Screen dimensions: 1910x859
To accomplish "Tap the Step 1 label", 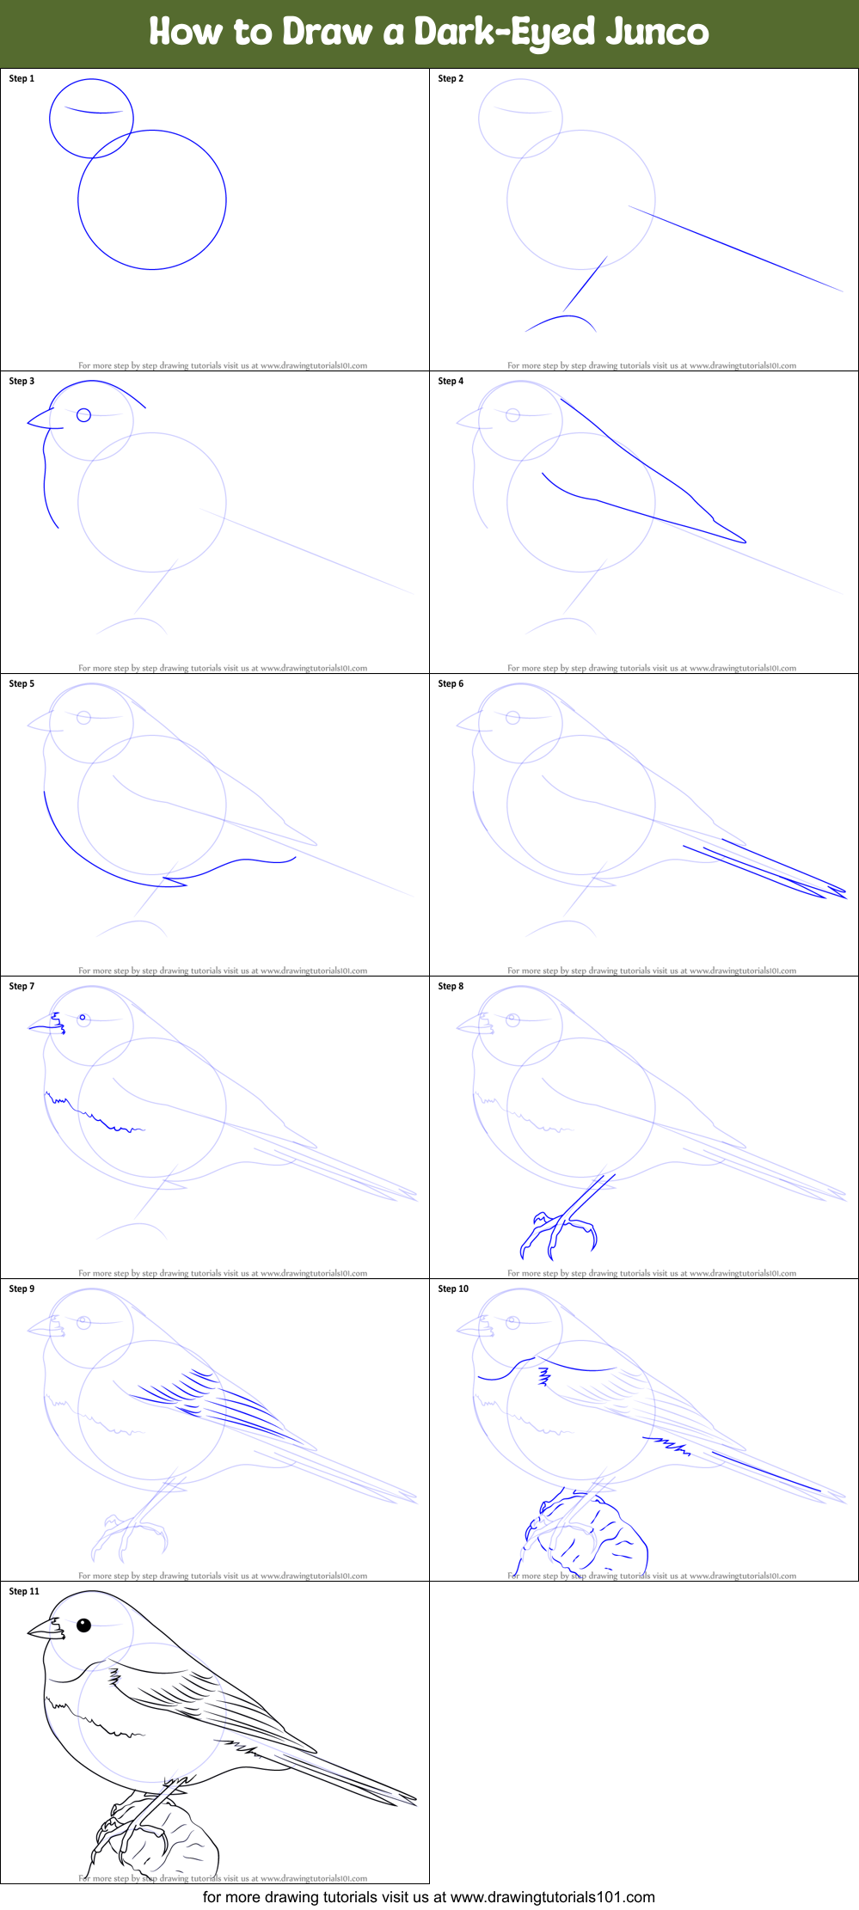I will (21, 78).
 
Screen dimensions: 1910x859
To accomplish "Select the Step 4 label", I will (451, 381).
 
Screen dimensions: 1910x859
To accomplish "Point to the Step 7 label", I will (21, 986).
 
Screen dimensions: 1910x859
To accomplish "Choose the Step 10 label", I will (453, 1289).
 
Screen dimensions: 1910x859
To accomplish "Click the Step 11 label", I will (24, 1591).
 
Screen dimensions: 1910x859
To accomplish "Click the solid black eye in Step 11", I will (83, 1625).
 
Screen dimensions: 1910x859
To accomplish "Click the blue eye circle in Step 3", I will (83, 415).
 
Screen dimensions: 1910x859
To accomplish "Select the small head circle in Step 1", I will (91, 119).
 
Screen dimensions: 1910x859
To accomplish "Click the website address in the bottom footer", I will (552, 1897).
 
